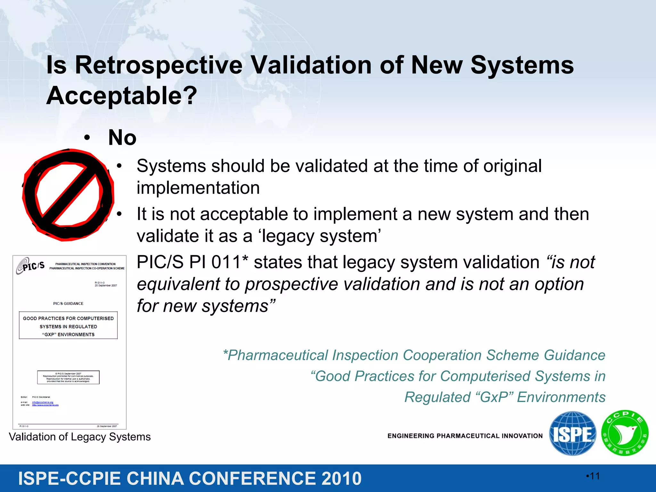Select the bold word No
(122, 138)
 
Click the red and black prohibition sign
(68, 194)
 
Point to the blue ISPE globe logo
(572, 433)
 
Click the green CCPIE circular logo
(625, 433)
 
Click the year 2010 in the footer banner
(341, 479)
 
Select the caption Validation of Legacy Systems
(80, 437)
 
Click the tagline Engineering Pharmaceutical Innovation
(465, 436)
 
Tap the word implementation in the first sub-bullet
(198, 188)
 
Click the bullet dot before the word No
(87, 138)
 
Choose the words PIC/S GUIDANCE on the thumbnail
(68, 303)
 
